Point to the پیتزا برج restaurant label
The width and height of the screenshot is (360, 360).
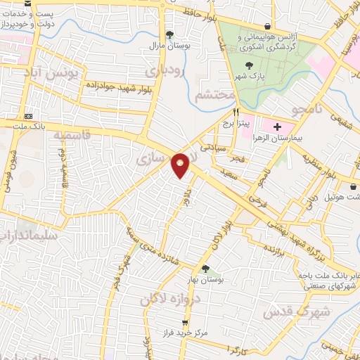click(237, 124)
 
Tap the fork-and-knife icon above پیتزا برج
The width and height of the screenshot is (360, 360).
click(237, 113)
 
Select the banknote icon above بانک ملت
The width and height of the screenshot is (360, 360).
click(29, 116)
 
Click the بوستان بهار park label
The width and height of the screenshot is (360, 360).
click(206, 280)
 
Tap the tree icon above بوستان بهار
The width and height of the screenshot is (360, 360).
click(205, 269)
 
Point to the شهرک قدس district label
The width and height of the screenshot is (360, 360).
click(295, 310)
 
